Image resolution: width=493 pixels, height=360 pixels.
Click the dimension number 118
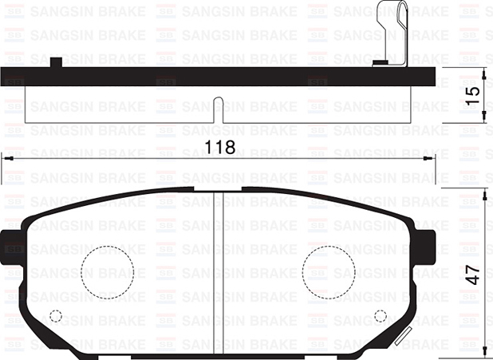point(219,148)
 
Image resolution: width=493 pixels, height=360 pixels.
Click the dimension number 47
point(473,273)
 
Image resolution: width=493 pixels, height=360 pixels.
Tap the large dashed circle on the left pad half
point(108,267)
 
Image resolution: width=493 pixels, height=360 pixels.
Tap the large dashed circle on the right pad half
point(328,267)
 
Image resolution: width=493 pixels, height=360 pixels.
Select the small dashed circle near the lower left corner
point(55,315)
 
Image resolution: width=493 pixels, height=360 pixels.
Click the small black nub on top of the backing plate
point(56,63)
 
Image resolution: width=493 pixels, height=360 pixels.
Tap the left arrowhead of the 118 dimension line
point(6,158)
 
